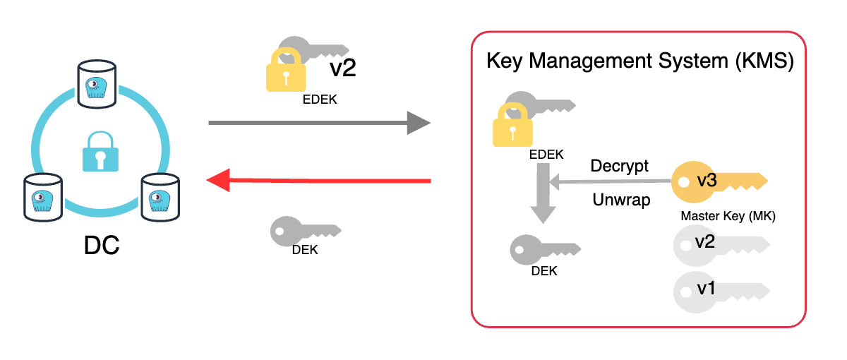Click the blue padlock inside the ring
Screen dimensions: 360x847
click(100, 152)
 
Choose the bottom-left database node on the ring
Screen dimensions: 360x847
click(40, 196)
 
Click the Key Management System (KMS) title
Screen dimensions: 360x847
click(640, 61)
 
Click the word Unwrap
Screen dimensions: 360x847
click(621, 200)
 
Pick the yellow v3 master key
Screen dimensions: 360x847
click(716, 181)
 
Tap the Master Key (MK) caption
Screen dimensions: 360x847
click(728, 217)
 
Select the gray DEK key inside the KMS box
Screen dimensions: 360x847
click(543, 248)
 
